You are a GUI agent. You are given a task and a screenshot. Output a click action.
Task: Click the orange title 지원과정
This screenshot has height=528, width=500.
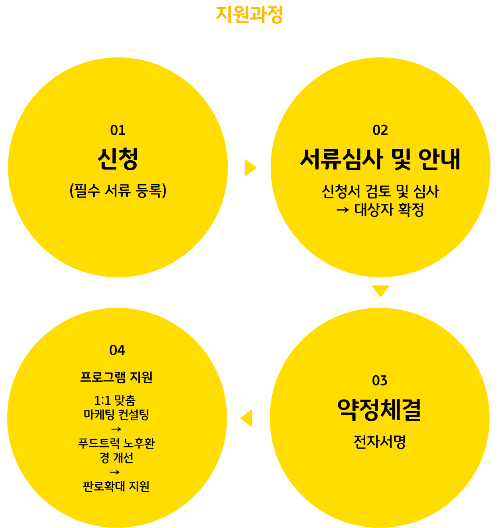point(250,14)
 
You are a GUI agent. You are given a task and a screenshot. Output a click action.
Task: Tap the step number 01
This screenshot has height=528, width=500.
point(118,130)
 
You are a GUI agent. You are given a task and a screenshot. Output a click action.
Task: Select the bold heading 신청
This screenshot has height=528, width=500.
point(118,159)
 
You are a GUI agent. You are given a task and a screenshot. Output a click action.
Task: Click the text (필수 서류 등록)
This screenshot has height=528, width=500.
point(118,190)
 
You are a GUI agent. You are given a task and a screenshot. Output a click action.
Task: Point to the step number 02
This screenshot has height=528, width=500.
point(380,130)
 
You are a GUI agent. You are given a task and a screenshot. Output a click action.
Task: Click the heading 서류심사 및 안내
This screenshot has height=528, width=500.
point(380,159)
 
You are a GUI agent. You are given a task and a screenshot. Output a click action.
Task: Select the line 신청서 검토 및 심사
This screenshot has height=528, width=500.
point(380,191)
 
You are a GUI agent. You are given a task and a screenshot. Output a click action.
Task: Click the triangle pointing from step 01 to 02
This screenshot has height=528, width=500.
point(250,168)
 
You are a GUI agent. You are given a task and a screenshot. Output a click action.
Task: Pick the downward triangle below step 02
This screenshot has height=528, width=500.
point(380,291)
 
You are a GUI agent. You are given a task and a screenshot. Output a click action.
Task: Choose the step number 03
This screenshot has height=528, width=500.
point(380,380)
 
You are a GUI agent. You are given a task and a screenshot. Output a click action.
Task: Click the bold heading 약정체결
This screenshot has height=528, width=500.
point(379,410)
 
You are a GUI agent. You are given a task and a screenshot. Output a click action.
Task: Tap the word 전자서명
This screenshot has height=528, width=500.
point(380,442)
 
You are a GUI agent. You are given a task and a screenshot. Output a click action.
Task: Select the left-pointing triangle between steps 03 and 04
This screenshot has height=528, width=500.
point(246,418)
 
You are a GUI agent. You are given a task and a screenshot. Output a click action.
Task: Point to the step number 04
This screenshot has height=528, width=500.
point(117,351)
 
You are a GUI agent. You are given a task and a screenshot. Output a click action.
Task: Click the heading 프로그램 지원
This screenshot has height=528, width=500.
point(116,377)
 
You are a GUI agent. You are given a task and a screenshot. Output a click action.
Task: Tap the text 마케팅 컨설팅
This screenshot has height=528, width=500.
point(116,415)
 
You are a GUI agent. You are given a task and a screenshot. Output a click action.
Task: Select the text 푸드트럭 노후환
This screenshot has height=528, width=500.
point(116,443)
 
